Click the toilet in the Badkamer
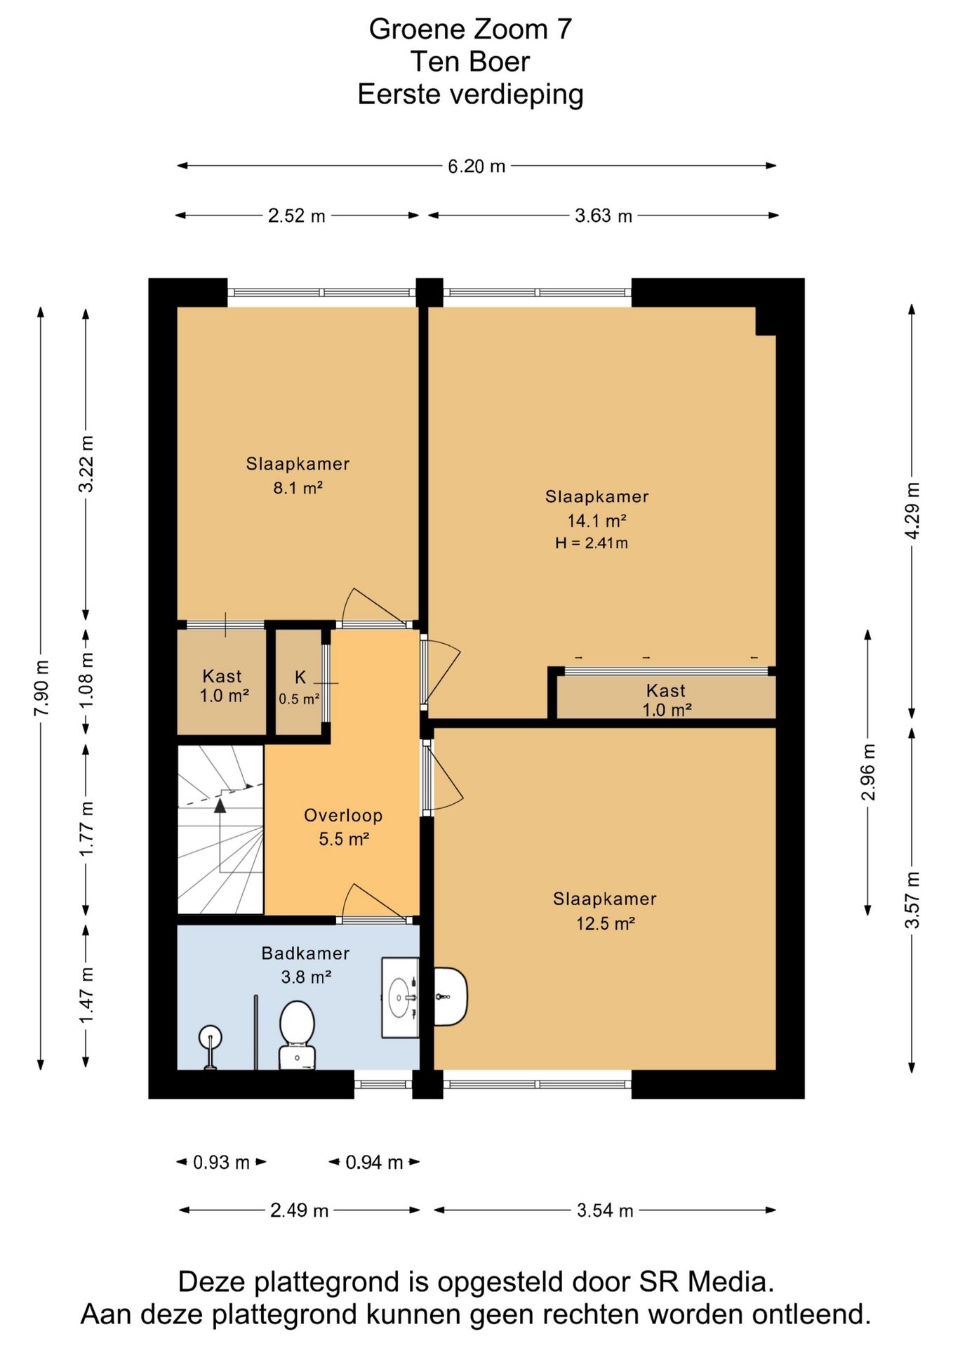(297, 1035)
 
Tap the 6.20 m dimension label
(476, 166)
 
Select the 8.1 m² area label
(298, 487)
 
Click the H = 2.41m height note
(591, 543)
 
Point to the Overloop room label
(343, 815)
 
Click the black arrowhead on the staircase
(220, 805)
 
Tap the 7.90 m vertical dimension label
(41, 689)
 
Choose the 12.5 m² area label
(605, 923)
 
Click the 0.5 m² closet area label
(299, 699)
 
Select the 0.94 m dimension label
(374, 1163)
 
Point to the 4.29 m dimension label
(912, 510)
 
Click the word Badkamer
(305, 953)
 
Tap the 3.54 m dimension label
(605, 1210)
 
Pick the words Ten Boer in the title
(470, 62)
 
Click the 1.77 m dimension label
(86, 828)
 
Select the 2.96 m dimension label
(868, 772)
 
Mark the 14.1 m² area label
(597, 521)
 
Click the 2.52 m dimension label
(296, 216)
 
